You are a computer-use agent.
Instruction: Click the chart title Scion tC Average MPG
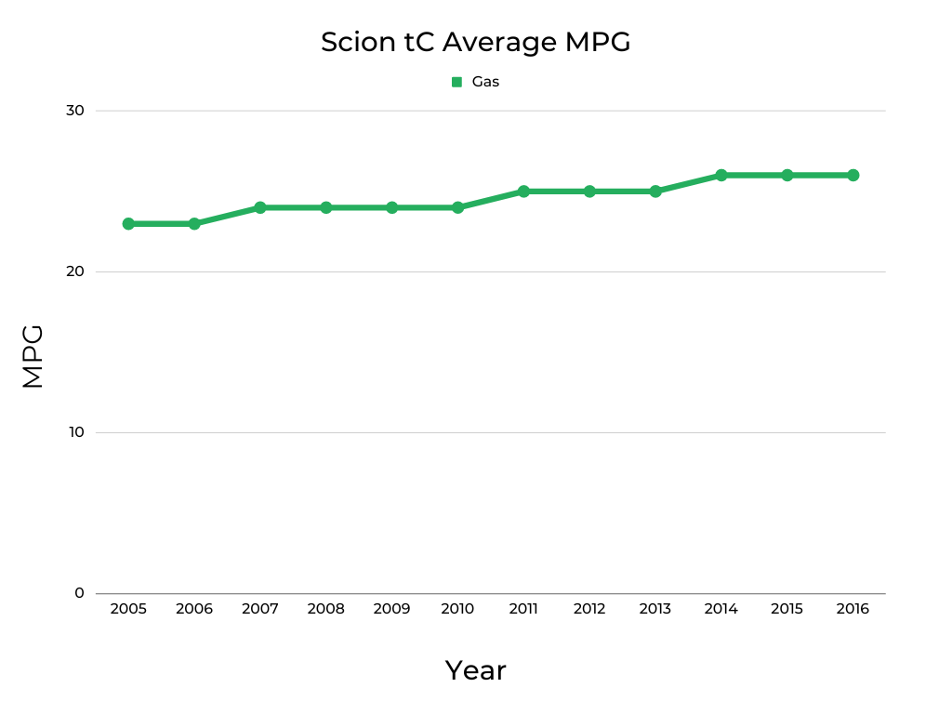pyautogui.click(x=475, y=42)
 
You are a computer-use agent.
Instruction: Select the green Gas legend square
pyautogui.click(x=456, y=82)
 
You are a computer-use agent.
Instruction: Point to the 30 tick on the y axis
pyautogui.click(x=74, y=111)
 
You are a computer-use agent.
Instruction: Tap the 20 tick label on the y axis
pyautogui.click(x=74, y=271)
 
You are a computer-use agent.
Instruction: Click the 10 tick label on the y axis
pyautogui.click(x=74, y=432)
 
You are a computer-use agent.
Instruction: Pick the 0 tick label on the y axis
pyautogui.click(x=79, y=593)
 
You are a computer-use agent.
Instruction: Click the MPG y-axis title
pyautogui.click(x=33, y=356)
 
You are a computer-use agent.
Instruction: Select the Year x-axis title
pyautogui.click(x=475, y=670)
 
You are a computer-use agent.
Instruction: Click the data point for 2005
pyautogui.click(x=128, y=224)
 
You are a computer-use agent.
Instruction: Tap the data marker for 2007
pyautogui.click(x=260, y=207)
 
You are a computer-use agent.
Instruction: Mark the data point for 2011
pyautogui.click(x=523, y=192)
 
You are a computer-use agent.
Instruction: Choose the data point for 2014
pyautogui.click(x=721, y=175)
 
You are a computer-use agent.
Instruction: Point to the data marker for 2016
pyautogui.click(x=853, y=175)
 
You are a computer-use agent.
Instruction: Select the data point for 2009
pyautogui.click(x=391, y=207)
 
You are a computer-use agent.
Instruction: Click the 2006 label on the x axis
pyautogui.click(x=194, y=609)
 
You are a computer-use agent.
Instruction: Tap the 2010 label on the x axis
pyautogui.click(x=457, y=609)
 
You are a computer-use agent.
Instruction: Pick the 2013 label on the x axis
pyautogui.click(x=654, y=609)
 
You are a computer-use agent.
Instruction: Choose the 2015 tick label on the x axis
pyautogui.click(x=787, y=609)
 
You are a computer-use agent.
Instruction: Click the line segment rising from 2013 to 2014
pyautogui.click(x=688, y=183)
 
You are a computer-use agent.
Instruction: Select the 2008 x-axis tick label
pyautogui.click(x=325, y=609)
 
